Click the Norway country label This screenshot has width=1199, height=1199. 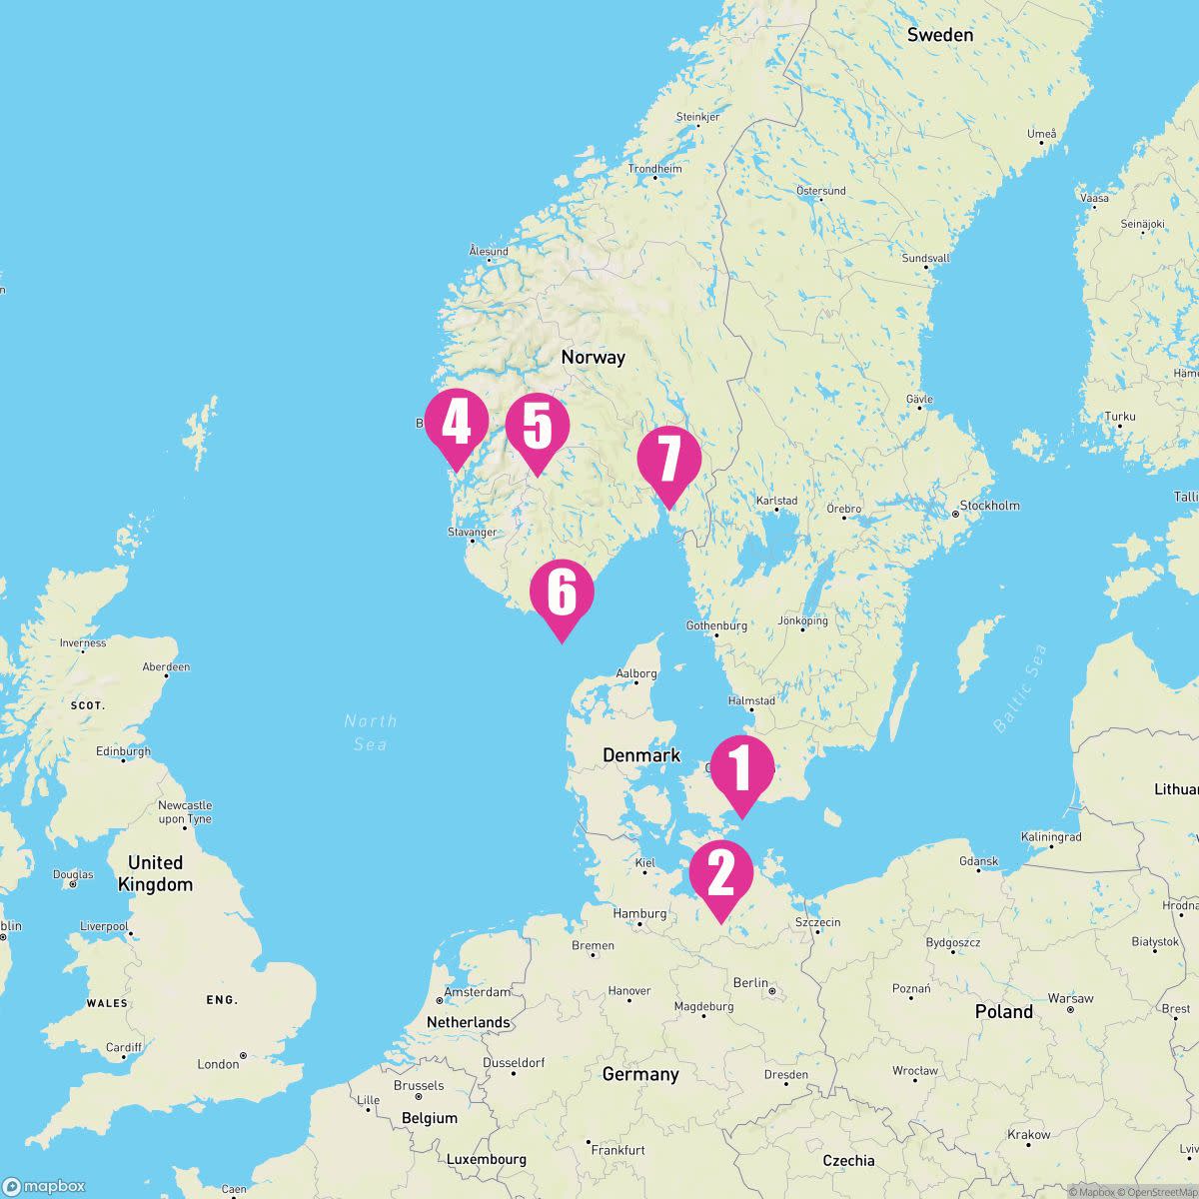[593, 357]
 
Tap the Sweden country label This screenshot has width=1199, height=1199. [939, 35]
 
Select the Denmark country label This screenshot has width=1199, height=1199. [640, 755]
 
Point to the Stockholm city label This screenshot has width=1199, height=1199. [989, 506]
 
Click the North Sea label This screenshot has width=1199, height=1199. [370, 732]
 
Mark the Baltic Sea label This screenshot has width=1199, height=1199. [1020, 689]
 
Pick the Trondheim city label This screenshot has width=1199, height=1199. [654, 169]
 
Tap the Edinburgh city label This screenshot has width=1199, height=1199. [123, 751]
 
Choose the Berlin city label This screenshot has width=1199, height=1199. [750, 983]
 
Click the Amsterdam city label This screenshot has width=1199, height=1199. [477, 992]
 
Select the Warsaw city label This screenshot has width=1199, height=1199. [1070, 998]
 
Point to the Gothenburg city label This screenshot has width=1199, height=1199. [716, 625]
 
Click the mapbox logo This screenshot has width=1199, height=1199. [44, 1186]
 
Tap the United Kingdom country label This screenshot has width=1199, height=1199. [155, 873]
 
